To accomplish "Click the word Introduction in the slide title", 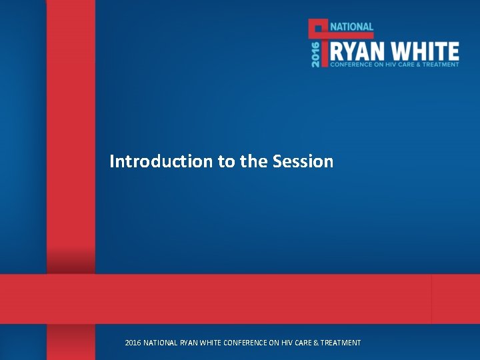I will coord(161,161).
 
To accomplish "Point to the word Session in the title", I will coord(303,161).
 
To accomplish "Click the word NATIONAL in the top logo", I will coord(352,27).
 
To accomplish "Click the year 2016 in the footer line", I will coord(133,343).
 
